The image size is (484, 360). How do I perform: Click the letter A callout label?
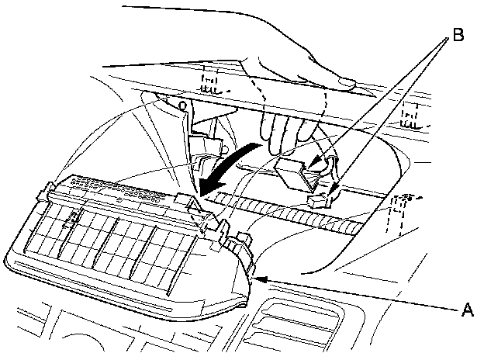[x=467, y=310]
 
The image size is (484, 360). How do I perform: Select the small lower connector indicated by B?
[x=317, y=202]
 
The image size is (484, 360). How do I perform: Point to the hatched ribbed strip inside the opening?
[x=295, y=213]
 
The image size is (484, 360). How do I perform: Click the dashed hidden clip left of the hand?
[x=210, y=82]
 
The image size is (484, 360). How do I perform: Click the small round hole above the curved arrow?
[x=181, y=102]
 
